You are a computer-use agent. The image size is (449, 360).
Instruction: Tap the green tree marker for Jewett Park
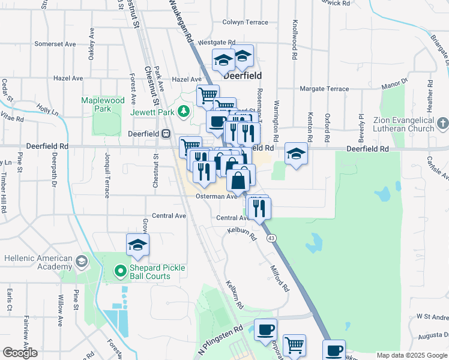[185, 111]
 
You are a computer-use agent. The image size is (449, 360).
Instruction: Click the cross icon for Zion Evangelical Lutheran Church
[442, 124]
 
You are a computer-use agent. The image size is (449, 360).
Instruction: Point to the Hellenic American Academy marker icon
[81, 262]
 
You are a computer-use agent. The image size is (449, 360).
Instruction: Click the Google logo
[20, 353]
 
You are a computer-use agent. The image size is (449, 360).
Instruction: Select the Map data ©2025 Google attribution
[411, 355]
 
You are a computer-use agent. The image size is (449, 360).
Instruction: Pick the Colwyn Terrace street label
[245, 22]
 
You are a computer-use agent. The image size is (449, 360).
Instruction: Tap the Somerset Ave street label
[55, 44]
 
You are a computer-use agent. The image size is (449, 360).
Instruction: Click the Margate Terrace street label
[324, 89]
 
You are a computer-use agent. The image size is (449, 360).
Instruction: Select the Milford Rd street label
[280, 278]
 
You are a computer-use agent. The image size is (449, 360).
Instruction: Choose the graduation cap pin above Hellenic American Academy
[137, 245]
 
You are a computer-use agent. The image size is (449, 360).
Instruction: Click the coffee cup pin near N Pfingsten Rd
[265, 329]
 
